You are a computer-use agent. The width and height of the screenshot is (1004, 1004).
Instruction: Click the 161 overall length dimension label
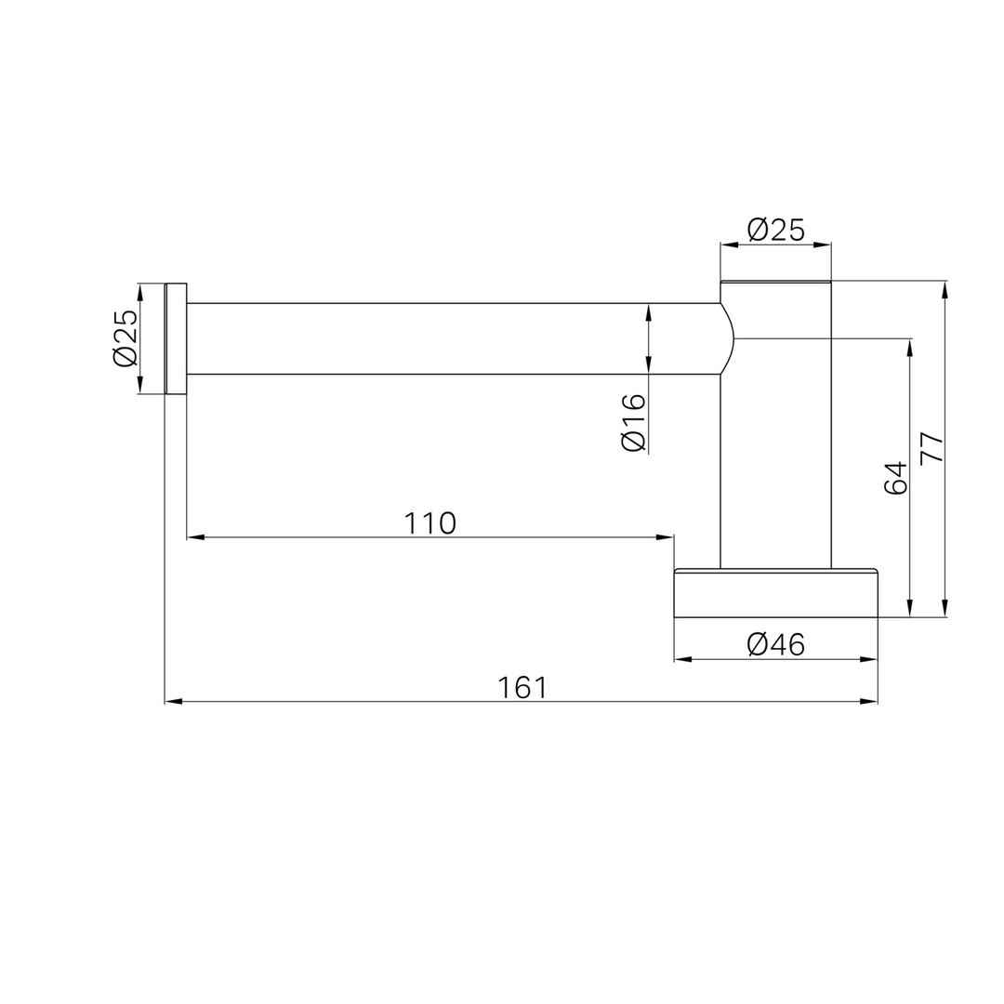522,688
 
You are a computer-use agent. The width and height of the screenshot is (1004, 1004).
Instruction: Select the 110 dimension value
429,523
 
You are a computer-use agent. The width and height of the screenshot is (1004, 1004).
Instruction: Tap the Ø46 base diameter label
775,644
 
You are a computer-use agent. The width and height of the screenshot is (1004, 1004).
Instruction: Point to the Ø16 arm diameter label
634,422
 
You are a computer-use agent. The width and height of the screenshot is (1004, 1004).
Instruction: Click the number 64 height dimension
896,478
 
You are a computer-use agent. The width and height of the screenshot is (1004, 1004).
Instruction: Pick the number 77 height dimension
931,447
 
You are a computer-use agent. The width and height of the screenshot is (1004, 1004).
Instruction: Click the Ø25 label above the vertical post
775,230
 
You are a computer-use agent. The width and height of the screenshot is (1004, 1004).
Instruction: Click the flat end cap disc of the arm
176,338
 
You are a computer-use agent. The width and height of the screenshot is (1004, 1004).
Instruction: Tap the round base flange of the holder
775,593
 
